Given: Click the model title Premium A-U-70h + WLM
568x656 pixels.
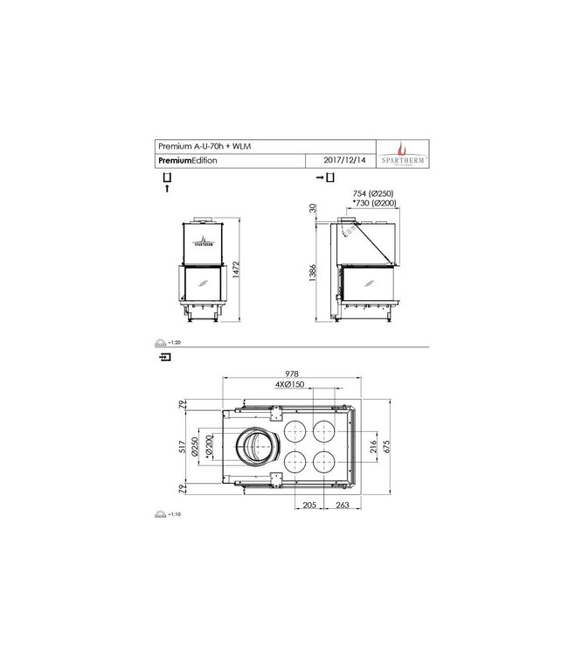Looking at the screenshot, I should tap(198, 147).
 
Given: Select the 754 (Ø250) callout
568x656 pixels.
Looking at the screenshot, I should tap(373, 193).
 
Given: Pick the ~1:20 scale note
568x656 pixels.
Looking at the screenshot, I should tap(175, 343).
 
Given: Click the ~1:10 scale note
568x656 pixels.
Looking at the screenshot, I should tap(175, 514).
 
